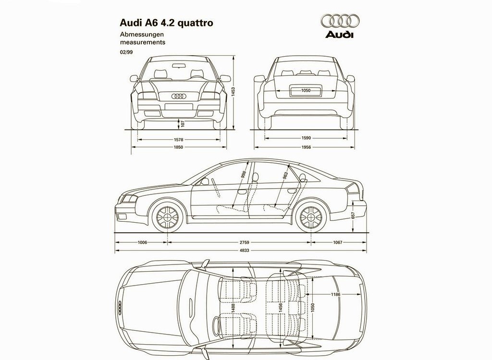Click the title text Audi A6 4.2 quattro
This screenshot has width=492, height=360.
[x=166, y=23]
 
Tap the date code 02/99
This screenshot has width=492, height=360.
[x=126, y=52]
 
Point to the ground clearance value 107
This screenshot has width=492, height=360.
[x=183, y=123]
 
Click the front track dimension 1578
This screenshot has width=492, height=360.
[x=179, y=140]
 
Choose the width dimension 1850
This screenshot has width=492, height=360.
[x=179, y=147]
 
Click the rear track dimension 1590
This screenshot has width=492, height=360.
[x=306, y=138]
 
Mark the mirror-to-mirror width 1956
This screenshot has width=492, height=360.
[x=306, y=147]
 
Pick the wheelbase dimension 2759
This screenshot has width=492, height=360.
[x=244, y=242]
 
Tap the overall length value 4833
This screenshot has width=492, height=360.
[x=244, y=250]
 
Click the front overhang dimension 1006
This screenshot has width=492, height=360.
[x=142, y=242]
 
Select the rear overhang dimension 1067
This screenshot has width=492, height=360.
[x=338, y=242]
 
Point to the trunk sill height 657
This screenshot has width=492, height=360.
[x=353, y=216]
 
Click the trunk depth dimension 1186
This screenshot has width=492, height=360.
[x=335, y=294]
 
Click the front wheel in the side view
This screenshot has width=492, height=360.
[x=167, y=217]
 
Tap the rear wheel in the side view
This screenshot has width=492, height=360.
[x=311, y=217]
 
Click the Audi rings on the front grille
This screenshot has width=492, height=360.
[x=179, y=96]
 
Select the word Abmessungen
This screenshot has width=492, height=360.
[x=142, y=35]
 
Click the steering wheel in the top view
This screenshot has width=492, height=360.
[x=217, y=324]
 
